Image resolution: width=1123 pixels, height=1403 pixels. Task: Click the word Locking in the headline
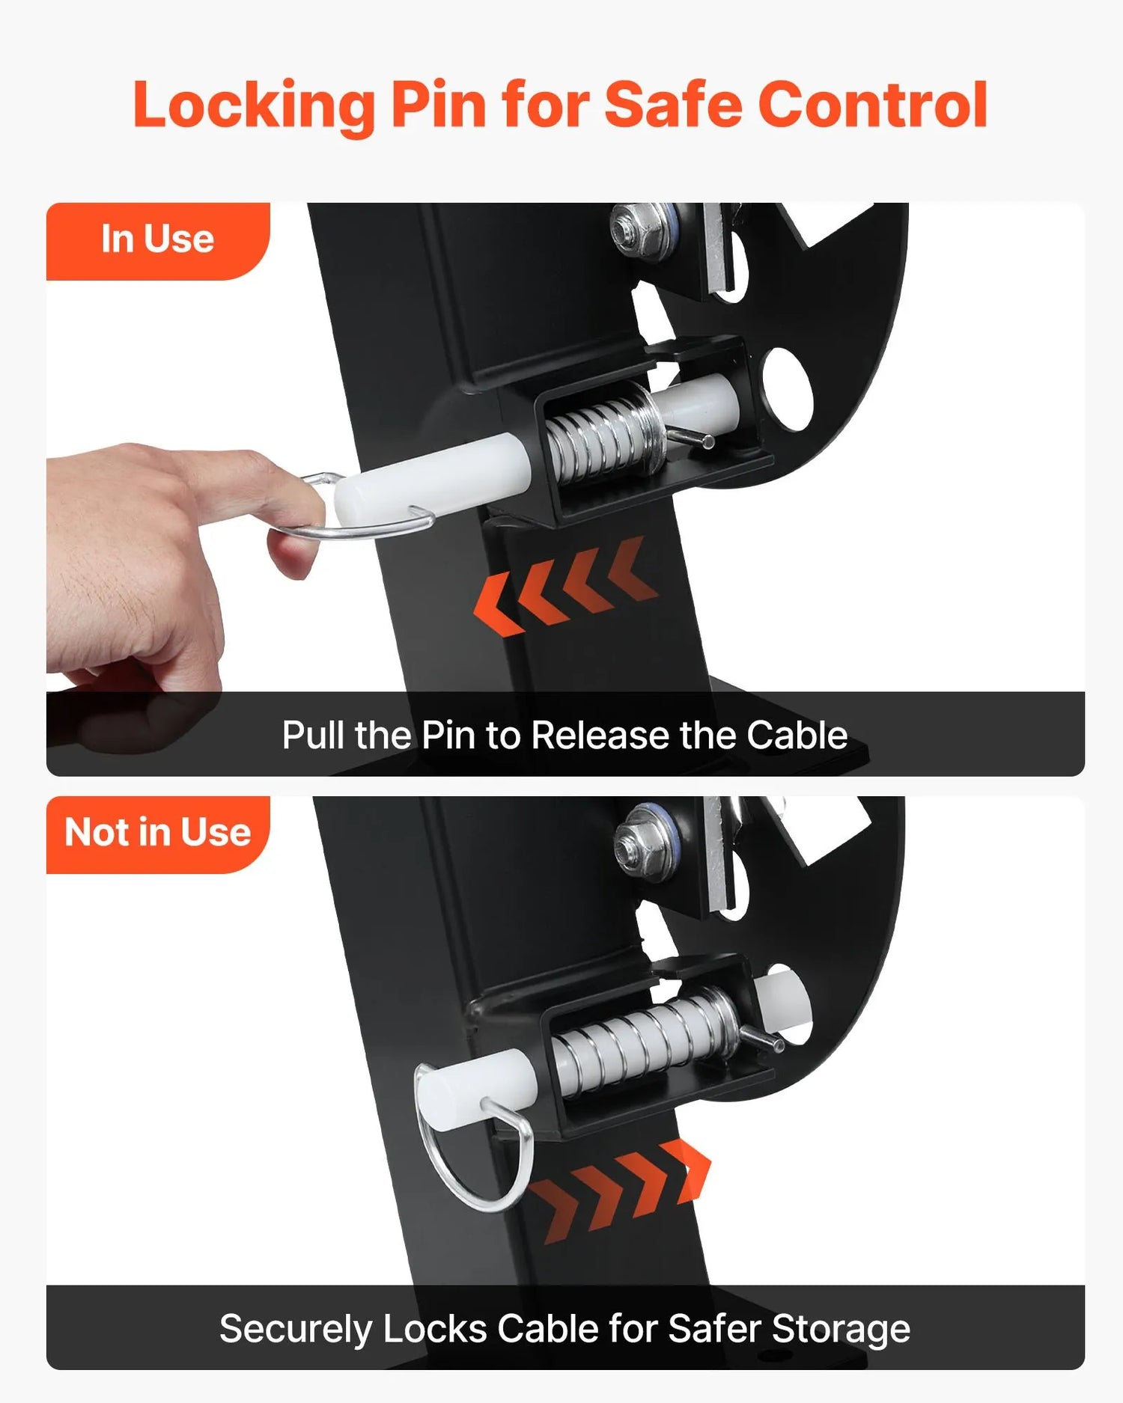(253, 106)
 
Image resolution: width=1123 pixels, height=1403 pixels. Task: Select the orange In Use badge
(158, 241)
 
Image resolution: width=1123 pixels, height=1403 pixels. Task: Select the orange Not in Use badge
(158, 834)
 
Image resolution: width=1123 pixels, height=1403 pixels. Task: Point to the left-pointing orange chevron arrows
(567, 587)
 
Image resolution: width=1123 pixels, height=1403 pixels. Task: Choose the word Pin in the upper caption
(448, 735)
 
